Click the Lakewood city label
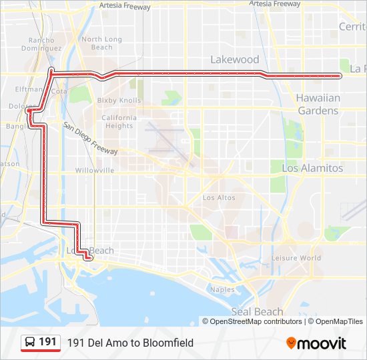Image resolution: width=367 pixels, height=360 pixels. coord(234,59)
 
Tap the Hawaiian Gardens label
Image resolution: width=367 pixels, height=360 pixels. coord(318,104)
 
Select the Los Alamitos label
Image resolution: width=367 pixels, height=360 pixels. coord(312,168)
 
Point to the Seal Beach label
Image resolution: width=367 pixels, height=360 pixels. coord(257,311)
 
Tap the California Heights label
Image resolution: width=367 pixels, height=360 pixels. coord(118,121)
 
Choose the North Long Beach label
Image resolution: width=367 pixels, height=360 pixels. coord(101,43)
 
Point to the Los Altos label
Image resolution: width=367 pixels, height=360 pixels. coord(219,197)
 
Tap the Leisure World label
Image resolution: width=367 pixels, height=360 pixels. coord(296,258)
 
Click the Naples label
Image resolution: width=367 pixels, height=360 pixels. coord(222,289)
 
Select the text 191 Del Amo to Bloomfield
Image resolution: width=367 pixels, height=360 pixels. coord(130,343)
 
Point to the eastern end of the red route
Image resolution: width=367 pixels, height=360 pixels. coord(340,76)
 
